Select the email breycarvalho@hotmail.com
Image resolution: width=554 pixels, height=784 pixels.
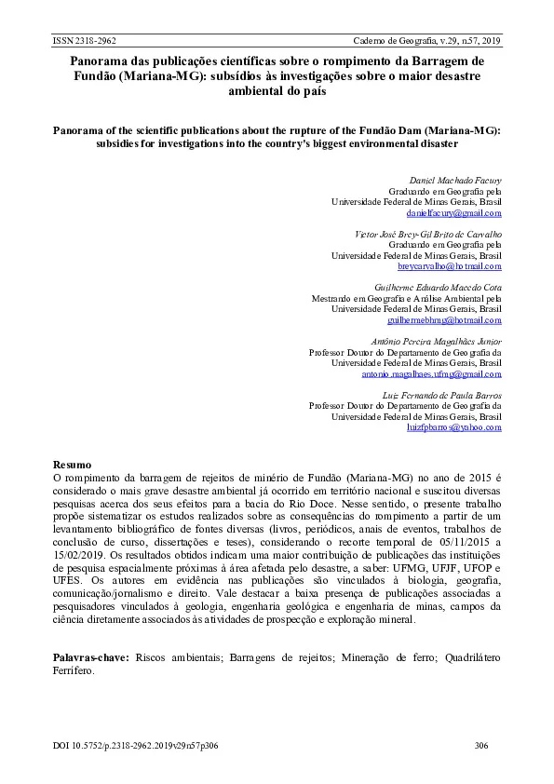[x=450, y=266]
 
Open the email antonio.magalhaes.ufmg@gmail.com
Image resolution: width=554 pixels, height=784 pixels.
[x=431, y=373]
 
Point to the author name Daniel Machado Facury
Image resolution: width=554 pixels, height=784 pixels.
[x=455, y=179]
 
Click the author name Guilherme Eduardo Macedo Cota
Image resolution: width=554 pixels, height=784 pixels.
[x=437, y=286]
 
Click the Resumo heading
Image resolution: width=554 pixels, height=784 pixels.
[x=72, y=463]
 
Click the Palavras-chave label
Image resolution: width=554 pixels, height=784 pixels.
[x=89, y=657]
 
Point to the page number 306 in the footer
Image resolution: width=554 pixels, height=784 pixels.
[x=481, y=746]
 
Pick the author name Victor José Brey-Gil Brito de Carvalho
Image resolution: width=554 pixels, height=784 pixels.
[x=428, y=233]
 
